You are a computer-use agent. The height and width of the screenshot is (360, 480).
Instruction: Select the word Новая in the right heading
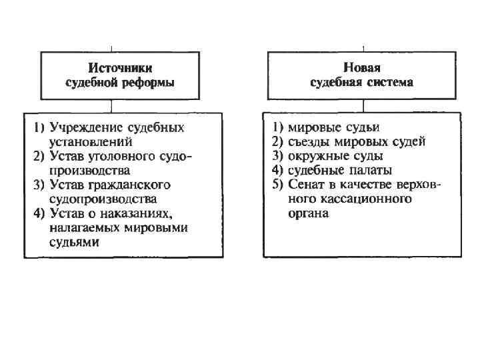click(362, 68)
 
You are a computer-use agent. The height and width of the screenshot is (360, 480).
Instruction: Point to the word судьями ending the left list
click(74, 243)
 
